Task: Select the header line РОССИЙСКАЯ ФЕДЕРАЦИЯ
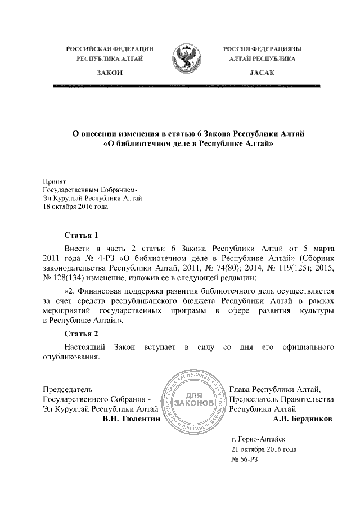[110, 49]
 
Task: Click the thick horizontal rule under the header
[186, 86]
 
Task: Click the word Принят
[55, 182]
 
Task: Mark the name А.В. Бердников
[302, 419]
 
